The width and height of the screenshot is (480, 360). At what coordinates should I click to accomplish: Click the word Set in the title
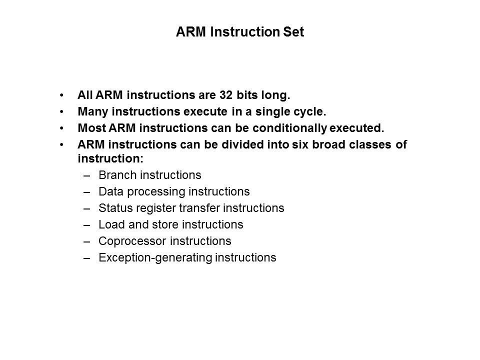coord(293,32)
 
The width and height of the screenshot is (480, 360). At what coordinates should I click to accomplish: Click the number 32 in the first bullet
coord(226,95)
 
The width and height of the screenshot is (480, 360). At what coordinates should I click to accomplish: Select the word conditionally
coord(289,128)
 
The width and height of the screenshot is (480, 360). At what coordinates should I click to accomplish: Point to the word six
coord(300,144)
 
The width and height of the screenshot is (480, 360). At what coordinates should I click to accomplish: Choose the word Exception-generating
coord(155,258)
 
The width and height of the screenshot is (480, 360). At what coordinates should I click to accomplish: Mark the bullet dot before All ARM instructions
coord(62,95)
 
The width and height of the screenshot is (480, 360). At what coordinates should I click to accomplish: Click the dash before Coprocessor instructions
coord(87,241)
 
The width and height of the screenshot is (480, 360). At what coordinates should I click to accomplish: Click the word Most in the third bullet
coord(92,128)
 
